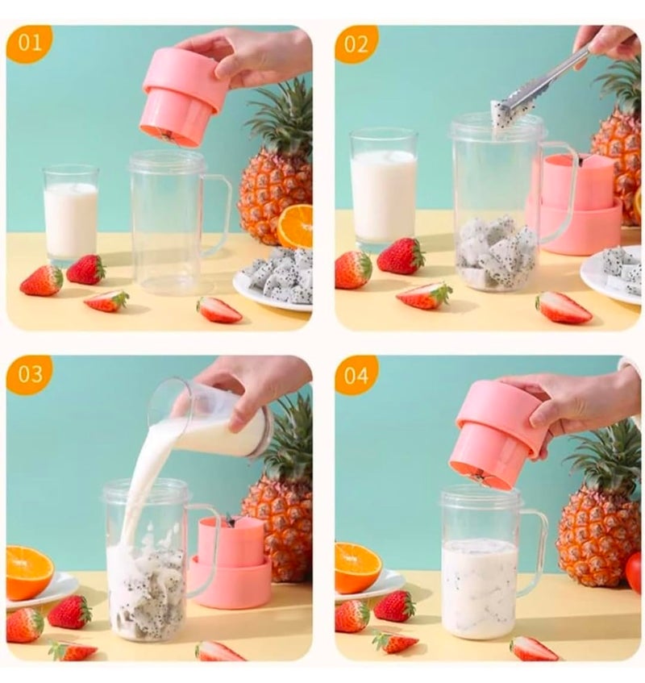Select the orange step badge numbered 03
pos(29,374)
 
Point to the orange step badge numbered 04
pos(356,375)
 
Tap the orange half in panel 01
pos(296,226)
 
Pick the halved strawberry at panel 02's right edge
pos(564,307)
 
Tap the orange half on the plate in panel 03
pos(28,571)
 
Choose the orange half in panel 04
pos(357,566)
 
